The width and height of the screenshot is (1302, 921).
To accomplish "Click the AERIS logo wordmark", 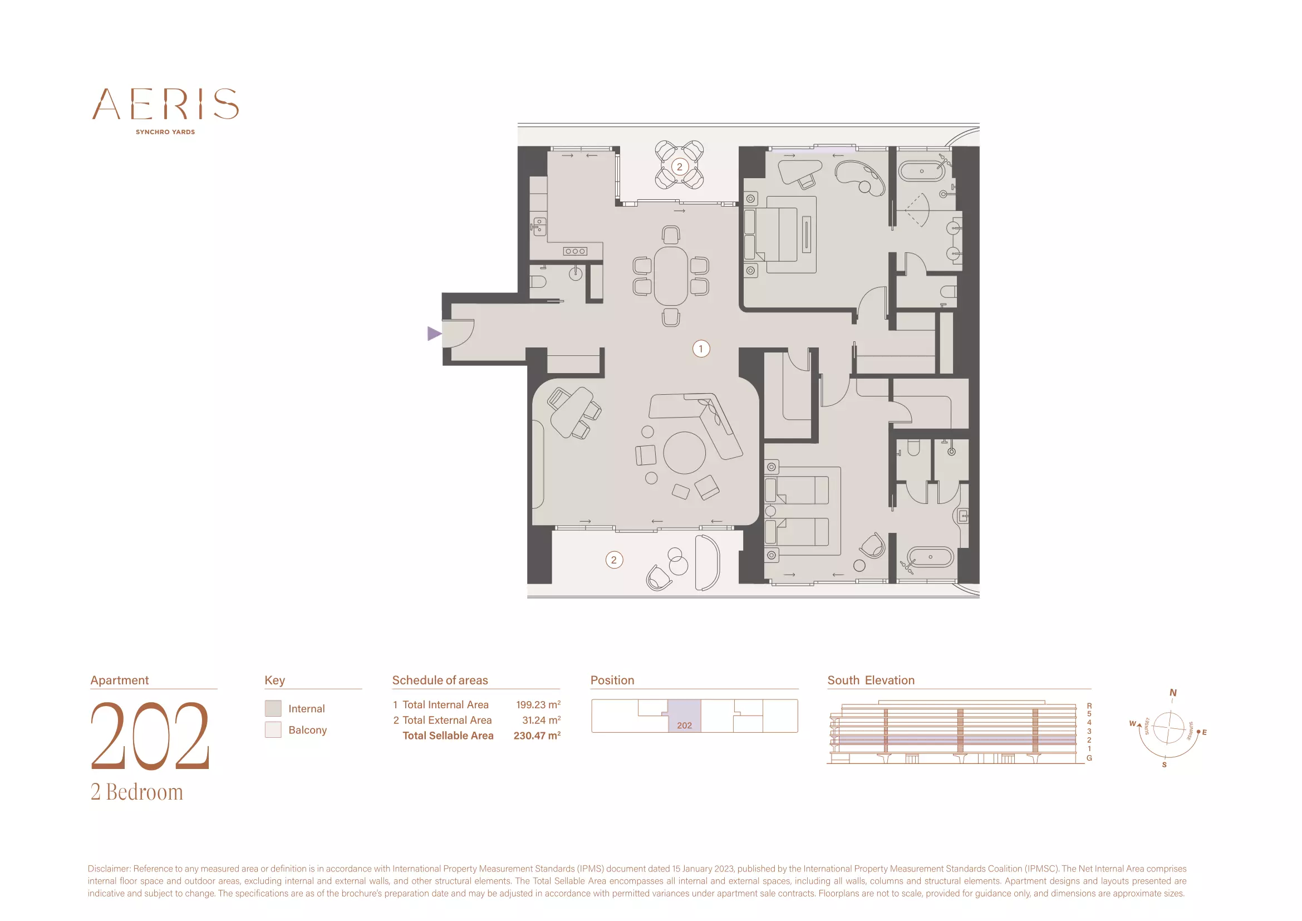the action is tap(165, 104).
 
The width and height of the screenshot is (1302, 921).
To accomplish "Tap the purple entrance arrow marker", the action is tap(434, 334).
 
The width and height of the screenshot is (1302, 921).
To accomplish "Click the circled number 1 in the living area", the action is tap(701, 349).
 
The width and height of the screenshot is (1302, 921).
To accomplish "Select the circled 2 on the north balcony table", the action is tap(679, 166).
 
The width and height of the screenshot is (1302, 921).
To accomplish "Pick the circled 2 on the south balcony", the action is tap(614, 560).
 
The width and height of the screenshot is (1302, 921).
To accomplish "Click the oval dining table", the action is tap(671, 276).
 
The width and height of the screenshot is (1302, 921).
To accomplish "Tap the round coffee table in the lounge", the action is tap(685, 453).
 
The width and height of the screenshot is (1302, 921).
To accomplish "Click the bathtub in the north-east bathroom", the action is tap(922, 171).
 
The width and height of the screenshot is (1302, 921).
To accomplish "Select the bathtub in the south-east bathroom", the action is tap(931, 557).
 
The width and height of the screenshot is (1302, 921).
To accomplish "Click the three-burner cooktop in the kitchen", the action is tap(575, 251).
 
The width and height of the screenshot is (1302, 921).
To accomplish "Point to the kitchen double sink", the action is tap(540, 226).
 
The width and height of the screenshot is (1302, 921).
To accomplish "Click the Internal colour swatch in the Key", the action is tap(273, 708).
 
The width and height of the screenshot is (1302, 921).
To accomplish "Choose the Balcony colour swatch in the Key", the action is tap(273, 729).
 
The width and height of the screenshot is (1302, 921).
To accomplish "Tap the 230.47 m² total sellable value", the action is tap(537, 736).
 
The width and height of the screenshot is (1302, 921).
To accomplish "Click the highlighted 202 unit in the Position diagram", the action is tap(685, 716).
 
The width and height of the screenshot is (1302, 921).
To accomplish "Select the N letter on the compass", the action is tap(1173, 693).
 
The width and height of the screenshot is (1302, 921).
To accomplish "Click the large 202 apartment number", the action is tap(150, 736).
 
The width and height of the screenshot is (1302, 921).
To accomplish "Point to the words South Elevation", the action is tap(871, 680).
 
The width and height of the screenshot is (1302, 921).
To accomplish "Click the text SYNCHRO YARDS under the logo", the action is tap(165, 132).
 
